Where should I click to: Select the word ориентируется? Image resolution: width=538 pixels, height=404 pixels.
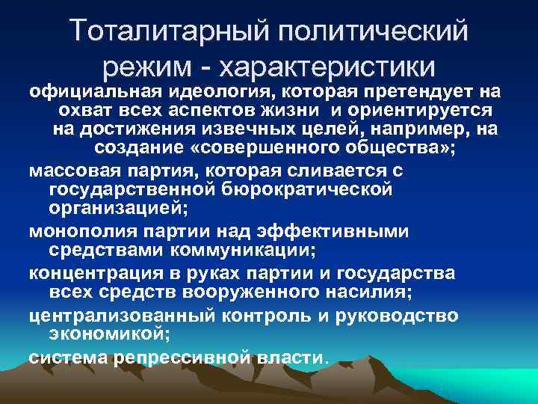coord(420,110)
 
